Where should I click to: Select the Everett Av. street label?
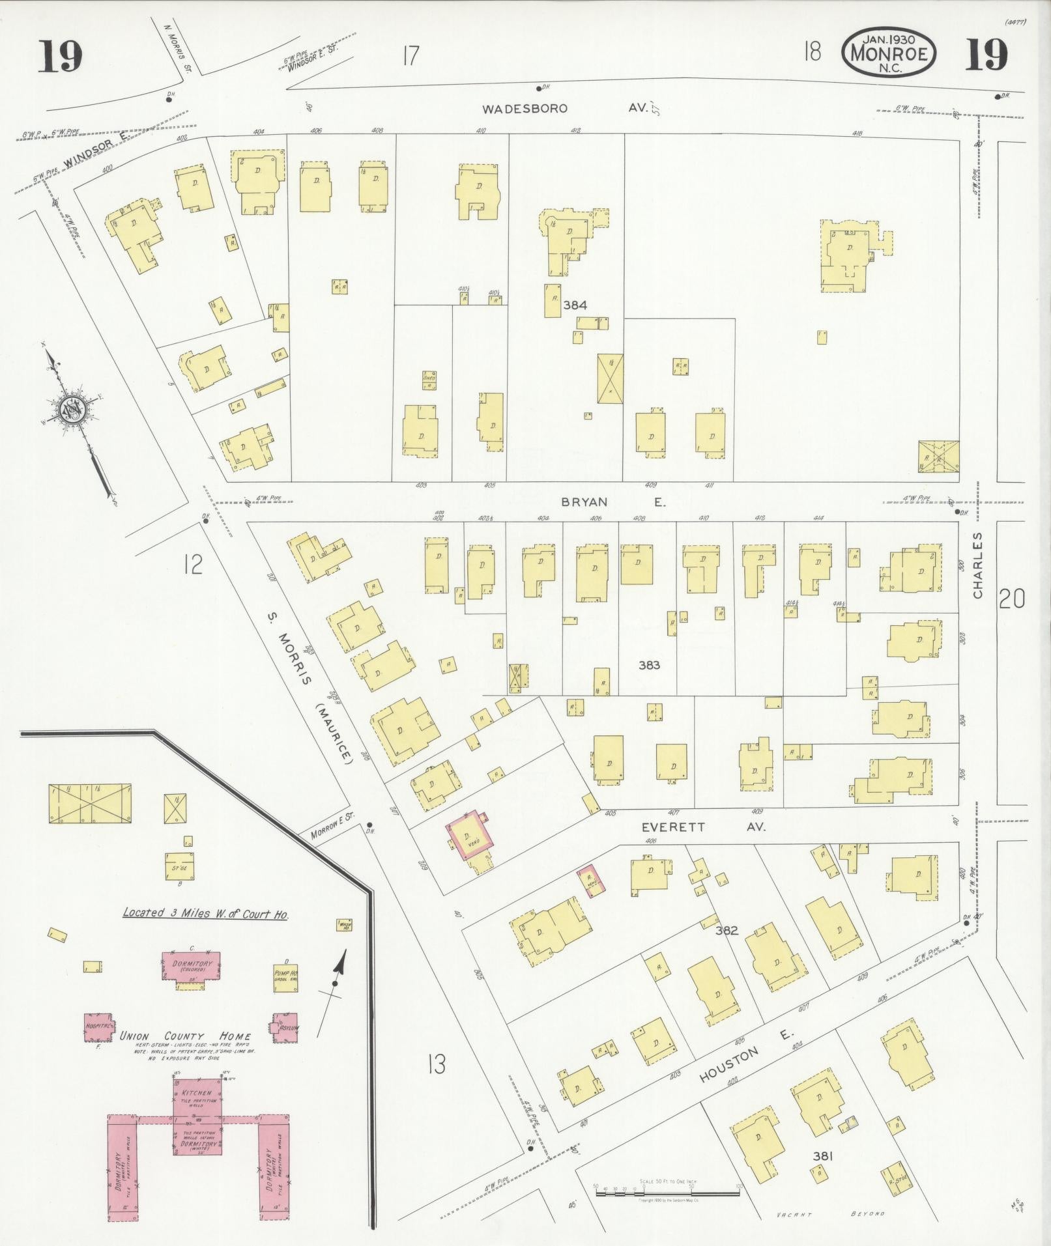[x=702, y=827]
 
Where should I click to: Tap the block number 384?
[x=575, y=304]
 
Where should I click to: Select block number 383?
[x=649, y=665]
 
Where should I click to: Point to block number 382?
[x=726, y=931]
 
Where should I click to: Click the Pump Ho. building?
[x=285, y=976]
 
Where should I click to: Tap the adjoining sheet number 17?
[x=410, y=57]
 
